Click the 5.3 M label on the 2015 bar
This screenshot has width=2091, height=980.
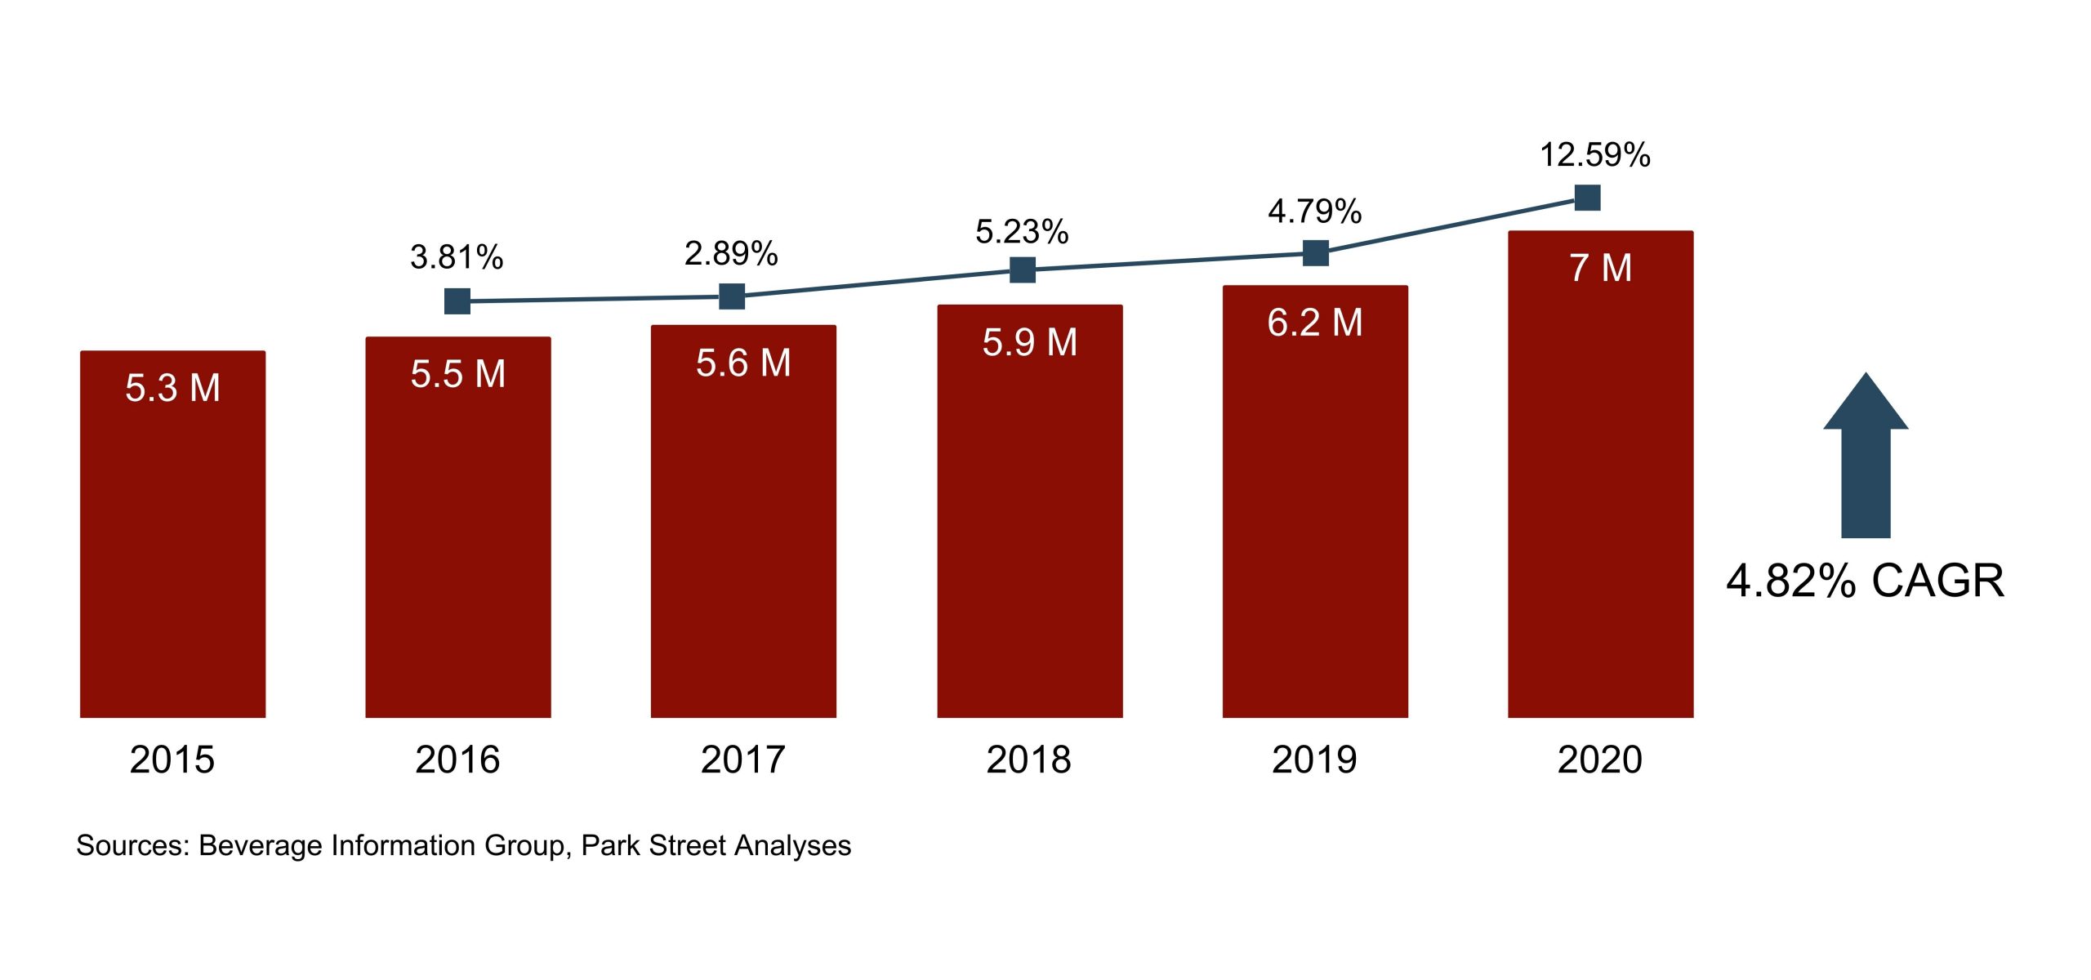(172, 388)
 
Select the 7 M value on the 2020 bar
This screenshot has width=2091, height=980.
(1600, 268)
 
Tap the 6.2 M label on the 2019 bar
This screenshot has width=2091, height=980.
(1314, 323)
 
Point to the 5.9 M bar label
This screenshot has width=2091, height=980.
(1029, 342)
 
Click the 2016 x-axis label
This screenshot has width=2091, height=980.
(457, 759)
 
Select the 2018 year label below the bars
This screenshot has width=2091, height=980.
(1028, 759)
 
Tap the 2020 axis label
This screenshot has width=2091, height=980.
(1599, 759)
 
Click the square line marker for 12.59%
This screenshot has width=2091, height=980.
(1587, 198)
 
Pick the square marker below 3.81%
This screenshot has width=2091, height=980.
(457, 301)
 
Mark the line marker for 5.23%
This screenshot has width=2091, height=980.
(1023, 269)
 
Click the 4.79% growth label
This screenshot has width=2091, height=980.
(1314, 212)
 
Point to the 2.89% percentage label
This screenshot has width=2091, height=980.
(731, 253)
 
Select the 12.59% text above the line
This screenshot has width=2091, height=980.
(1594, 155)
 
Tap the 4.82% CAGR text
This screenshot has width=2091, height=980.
(1865, 581)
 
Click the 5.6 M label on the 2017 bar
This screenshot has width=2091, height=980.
(743, 363)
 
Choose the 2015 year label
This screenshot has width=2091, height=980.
(172, 759)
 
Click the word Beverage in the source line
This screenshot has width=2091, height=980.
(261, 845)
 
